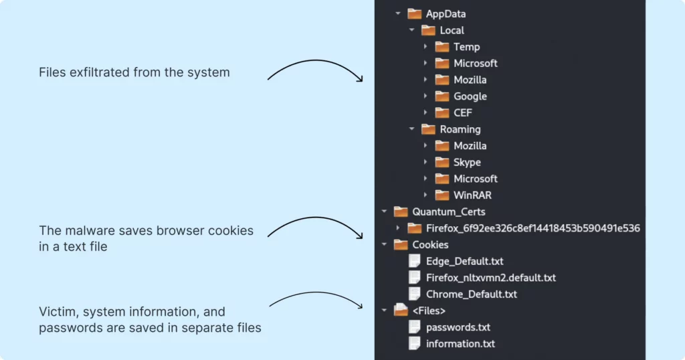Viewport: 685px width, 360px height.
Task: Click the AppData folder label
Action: pos(446,14)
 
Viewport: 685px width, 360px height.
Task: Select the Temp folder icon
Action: pos(442,47)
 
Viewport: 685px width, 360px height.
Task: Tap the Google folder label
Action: pos(470,96)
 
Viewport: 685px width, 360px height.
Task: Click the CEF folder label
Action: pos(462,113)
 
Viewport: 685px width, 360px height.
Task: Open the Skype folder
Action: pos(467,163)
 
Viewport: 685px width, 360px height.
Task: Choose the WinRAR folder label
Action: pos(472,195)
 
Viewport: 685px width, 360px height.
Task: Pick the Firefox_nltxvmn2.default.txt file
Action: pos(490,278)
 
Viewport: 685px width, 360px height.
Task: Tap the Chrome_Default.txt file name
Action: pos(471,294)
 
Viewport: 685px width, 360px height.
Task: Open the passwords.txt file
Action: pos(458,327)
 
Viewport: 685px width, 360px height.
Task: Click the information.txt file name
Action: pos(460,344)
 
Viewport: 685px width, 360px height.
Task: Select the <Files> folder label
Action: pos(429,310)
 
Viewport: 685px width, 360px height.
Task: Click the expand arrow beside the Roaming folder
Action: pos(411,129)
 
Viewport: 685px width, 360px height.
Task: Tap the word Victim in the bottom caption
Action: pos(56,312)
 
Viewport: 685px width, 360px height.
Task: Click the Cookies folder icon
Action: pos(401,245)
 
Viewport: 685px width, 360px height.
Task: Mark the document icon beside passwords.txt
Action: pos(414,327)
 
